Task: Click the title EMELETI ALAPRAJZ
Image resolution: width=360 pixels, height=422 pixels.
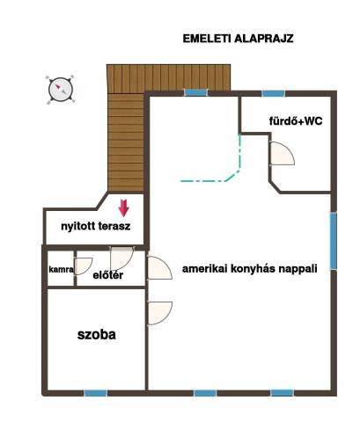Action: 238,39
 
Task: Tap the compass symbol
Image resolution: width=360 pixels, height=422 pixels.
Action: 61,89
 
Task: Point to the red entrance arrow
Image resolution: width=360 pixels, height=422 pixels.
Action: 124,207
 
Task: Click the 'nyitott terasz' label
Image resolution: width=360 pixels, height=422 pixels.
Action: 96,227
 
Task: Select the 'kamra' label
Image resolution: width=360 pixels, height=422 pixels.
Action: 61,269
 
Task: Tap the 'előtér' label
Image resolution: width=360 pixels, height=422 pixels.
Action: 107,275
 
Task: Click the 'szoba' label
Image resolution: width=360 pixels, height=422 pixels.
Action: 97,335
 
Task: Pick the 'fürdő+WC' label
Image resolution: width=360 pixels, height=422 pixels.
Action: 296,120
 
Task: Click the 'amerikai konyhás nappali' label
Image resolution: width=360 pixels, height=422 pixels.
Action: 250,269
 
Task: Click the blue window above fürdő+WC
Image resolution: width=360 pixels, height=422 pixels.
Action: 273,93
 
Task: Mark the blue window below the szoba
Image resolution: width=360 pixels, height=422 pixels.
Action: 96,393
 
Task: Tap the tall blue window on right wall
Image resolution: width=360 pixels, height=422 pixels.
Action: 334,241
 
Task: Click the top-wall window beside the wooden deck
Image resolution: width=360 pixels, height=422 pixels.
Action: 195,92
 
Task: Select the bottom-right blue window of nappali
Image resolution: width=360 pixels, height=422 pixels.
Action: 282,393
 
